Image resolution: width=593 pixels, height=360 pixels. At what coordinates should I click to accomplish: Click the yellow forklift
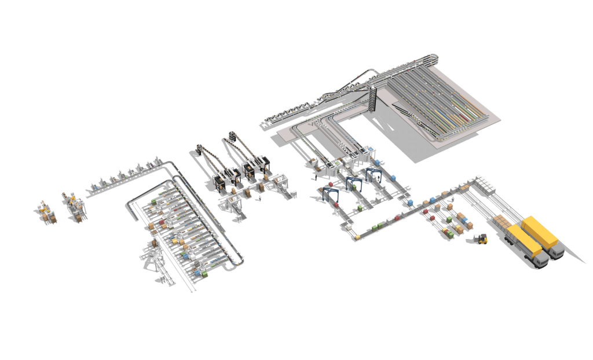coord(483,238)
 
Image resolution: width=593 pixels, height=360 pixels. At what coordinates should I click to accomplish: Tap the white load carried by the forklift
coord(477,237)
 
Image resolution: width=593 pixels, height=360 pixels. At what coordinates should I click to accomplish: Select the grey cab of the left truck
coord(540,260)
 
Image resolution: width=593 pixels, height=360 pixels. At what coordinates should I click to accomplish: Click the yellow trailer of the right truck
coord(539,231)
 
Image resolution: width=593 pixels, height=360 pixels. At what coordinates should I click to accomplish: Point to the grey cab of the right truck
coord(557,250)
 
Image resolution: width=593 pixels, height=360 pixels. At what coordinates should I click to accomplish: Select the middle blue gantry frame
coord(352,183)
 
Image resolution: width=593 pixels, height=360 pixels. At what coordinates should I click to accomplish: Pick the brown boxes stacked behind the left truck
coord(502,221)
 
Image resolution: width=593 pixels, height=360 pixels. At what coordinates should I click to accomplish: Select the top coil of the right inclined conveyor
coord(230,137)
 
